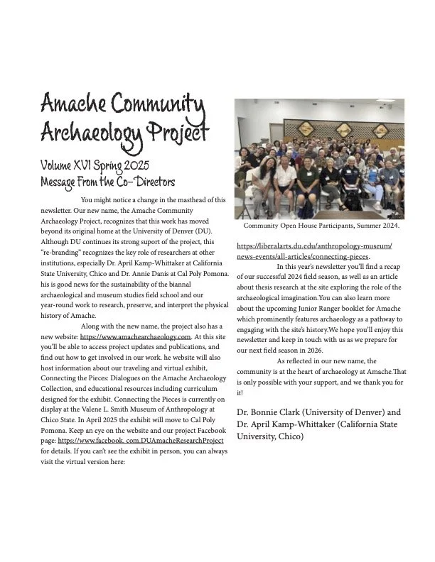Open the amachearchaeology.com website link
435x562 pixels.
136,336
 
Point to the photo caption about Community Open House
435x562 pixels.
321,226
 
